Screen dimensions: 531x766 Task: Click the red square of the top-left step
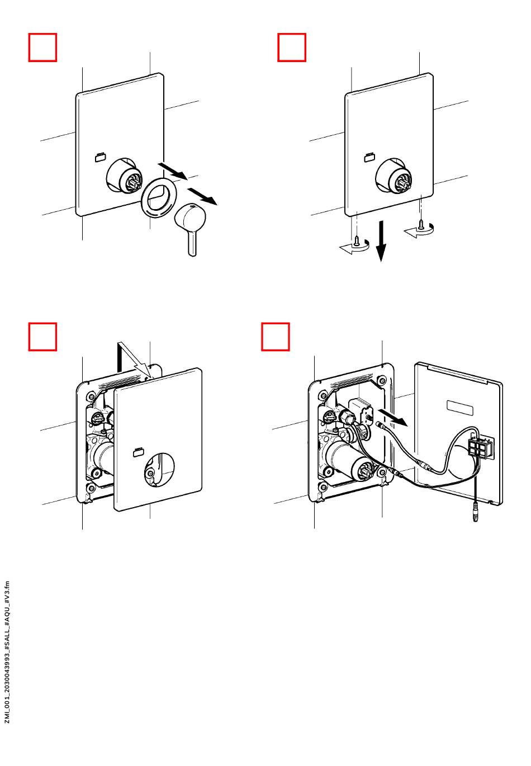tap(43, 47)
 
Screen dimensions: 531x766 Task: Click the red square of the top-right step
tap(292, 47)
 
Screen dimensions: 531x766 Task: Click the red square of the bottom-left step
tap(43, 336)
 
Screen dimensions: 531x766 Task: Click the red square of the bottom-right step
tap(276, 336)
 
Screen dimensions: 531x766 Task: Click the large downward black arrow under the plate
tap(381, 241)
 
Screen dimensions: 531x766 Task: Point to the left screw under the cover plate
tap(354, 240)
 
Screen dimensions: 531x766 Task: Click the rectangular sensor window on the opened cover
tap(459, 408)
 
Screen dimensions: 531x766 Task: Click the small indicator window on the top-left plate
tap(101, 157)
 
